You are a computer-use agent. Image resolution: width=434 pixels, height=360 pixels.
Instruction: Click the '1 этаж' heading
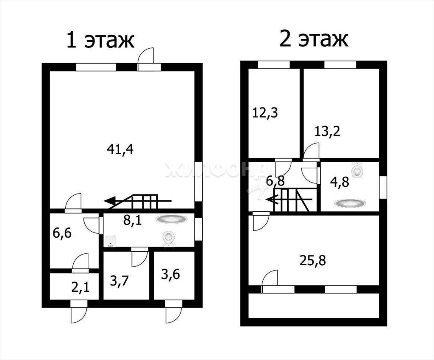coord(100,41)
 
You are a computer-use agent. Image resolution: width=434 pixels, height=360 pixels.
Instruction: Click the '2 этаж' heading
coord(314,39)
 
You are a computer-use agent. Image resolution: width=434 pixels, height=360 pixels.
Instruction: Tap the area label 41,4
coord(120,150)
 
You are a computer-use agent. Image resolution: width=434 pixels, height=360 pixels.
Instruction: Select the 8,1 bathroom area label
coord(132,221)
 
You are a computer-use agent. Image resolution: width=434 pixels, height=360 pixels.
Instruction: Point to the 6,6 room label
coord(62,233)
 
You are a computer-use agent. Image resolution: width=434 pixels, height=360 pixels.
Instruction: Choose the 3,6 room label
coord(170,274)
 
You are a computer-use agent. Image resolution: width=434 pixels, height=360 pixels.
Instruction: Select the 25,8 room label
coord(313,260)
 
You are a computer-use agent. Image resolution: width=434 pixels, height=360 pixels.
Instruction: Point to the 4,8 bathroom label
coord(339,183)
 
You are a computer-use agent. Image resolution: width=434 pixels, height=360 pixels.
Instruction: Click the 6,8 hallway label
coord(275,181)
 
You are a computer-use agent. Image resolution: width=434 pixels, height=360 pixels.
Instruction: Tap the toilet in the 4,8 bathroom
coord(357,170)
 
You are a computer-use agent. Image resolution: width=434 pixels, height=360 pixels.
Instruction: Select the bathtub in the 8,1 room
coord(170,219)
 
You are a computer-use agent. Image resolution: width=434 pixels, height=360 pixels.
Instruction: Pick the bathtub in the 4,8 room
coord(350,203)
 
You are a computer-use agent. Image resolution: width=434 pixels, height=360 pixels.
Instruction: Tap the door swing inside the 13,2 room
coord(311,151)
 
